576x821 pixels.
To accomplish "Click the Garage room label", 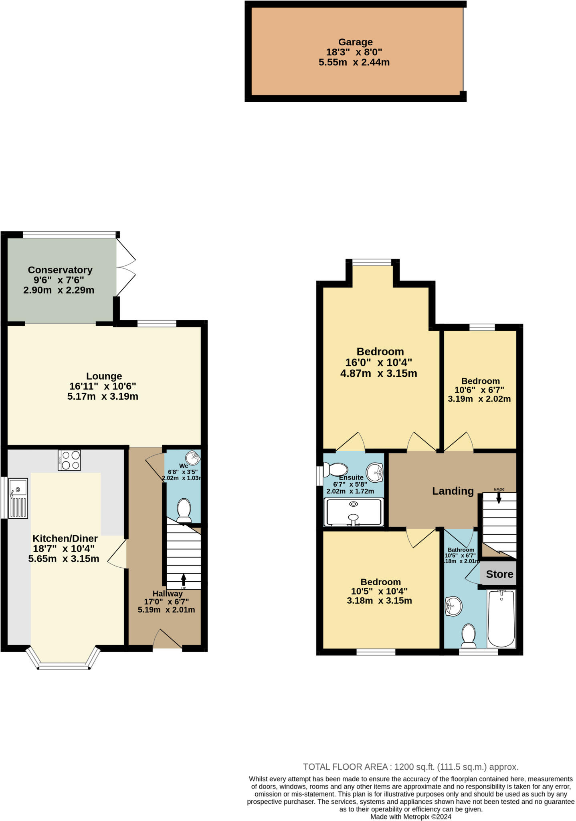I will (355, 42).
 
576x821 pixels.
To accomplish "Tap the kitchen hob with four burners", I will (69, 460).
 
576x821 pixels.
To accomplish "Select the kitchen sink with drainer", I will (18, 498).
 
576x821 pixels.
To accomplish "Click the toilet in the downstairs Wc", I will (184, 510).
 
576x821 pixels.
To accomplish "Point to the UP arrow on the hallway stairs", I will (184, 580).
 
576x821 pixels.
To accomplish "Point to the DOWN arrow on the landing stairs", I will (499, 497).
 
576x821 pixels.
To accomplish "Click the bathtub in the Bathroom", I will (501, 618).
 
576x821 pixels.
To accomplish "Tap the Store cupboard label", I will (499, 574).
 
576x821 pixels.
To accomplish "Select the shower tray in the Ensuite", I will (354, 512).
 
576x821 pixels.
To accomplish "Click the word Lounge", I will (104, 376).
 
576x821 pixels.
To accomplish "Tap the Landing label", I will (453, 491).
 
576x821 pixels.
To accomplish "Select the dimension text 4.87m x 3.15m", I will (378, 374).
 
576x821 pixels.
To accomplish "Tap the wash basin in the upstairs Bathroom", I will (453, 606).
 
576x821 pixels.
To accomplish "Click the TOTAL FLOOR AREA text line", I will (410, 767).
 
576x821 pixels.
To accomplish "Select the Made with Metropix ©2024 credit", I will (410, 817).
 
